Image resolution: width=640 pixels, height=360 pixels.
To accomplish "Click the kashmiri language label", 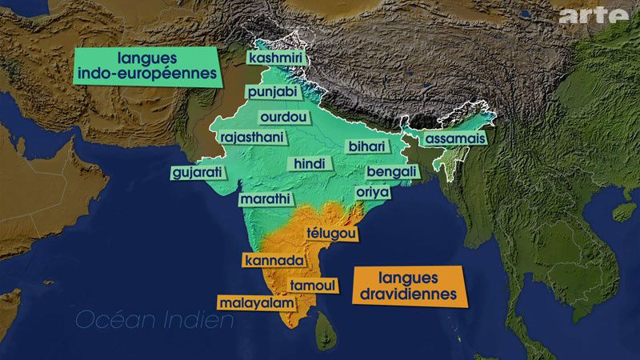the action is pos(274,58).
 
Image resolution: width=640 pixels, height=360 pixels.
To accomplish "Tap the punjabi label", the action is pos(271,93).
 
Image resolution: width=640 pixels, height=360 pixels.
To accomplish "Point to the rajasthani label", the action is pos(251,138).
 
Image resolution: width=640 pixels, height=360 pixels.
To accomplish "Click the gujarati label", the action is pos(197,172).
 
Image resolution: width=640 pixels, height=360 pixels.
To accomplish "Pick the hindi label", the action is pos(309,163).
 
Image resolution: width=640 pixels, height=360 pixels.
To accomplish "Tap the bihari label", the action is pos(366,146).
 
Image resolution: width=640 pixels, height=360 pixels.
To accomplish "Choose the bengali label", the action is pos(391,172).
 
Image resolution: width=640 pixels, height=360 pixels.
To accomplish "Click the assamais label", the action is pos(454,138).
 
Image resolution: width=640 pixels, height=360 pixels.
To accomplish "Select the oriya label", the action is pos(373,193).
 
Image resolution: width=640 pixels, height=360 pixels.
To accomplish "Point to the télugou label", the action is pos(331,233).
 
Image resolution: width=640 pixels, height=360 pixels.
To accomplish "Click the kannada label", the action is pos(274,261).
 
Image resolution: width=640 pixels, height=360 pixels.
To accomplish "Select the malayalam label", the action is pos(254,303).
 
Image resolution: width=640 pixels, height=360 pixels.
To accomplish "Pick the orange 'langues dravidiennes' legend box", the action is pos(408,286).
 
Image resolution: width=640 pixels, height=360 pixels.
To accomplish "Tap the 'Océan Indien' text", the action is pos(154,322).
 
